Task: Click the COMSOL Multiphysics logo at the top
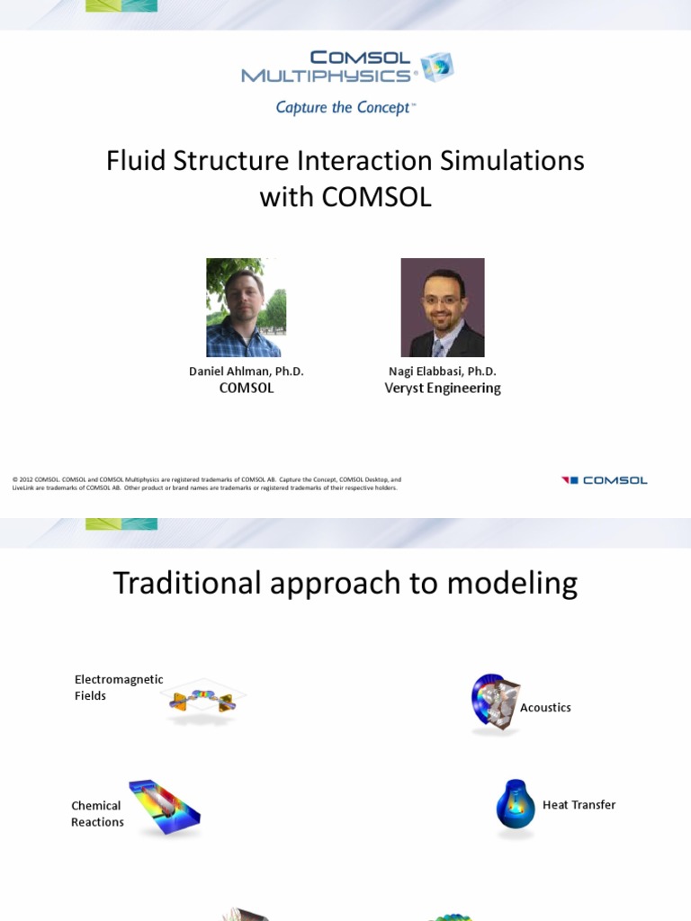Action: click(x=346, y=67)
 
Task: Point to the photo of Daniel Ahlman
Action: click(x=244, y=308)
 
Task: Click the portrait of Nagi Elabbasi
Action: click(x=442, y=308)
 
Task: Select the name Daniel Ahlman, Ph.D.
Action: click(x=246, y=371)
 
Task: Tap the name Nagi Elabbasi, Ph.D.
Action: click(x=442, y=371)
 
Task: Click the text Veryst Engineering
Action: click(x=442, y=389)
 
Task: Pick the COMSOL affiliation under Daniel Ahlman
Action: click(x=246, y=389)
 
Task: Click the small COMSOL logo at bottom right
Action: click(x=604, y=480)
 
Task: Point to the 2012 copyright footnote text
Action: click(x=207, y=484)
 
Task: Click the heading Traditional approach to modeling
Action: click(x=345, y=584)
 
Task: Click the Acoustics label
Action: click(x=545, y=708)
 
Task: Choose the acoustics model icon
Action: click(x=494, y=701)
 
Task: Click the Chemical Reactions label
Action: click(x=97, y=814)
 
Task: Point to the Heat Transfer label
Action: click(x=579, y=805)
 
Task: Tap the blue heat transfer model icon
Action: click(x=516, y=805)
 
